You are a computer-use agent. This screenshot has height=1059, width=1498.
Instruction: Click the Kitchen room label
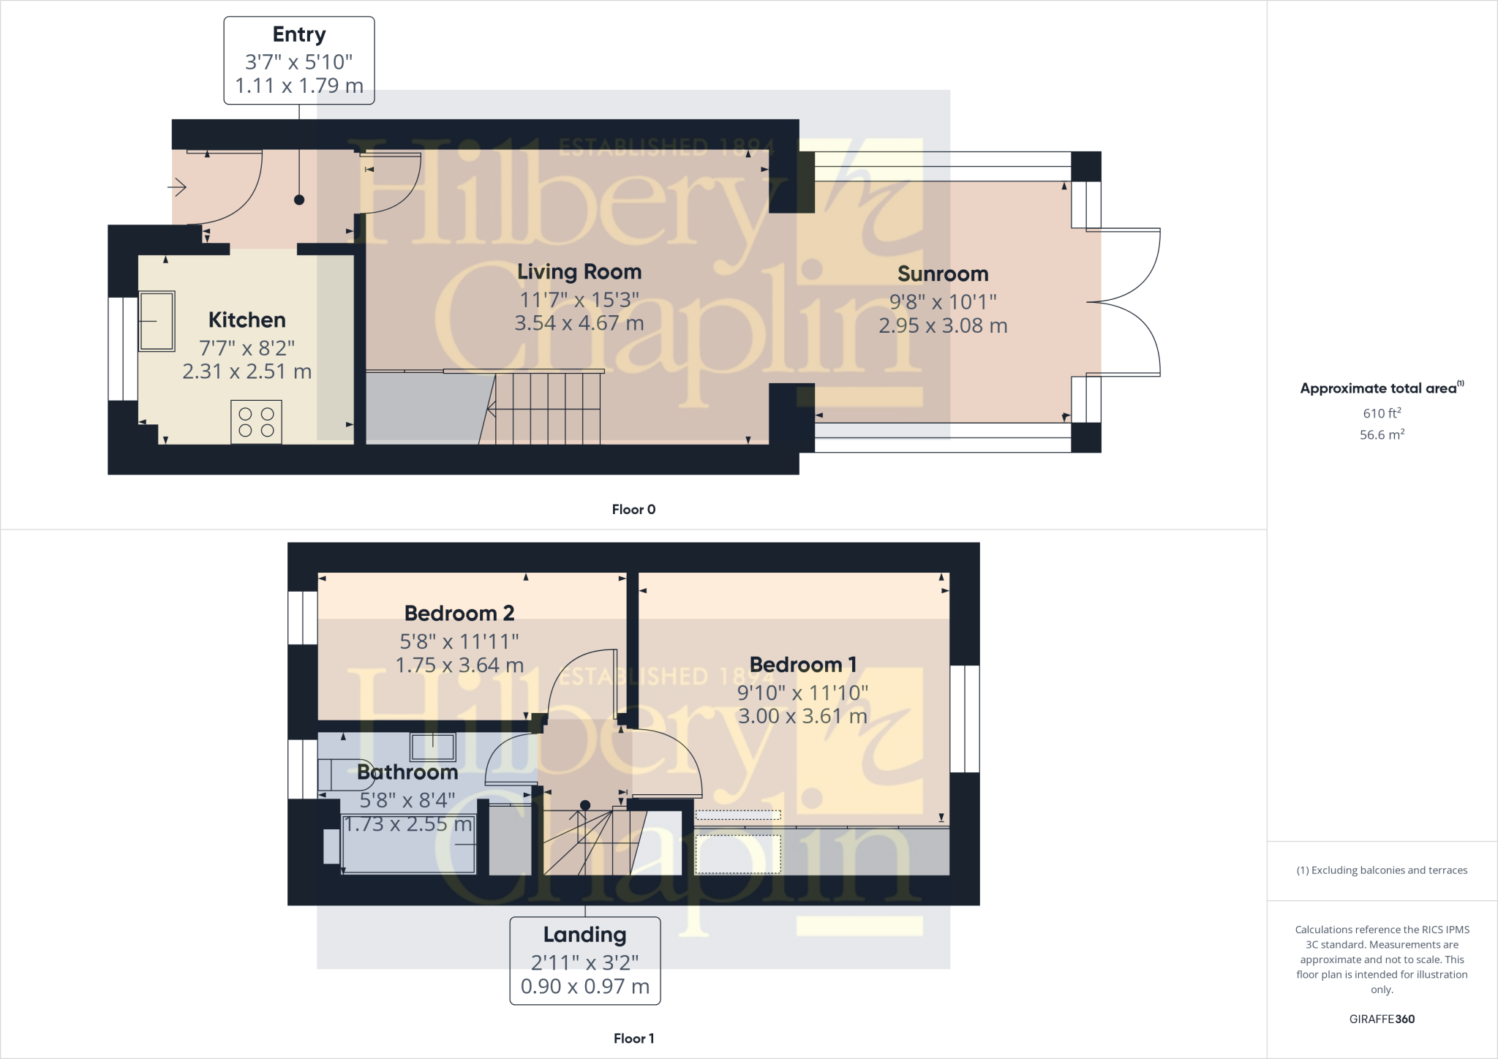246,320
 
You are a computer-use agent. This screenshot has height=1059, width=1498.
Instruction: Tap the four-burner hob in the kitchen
256,421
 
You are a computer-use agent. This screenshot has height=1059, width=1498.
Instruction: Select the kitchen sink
157,321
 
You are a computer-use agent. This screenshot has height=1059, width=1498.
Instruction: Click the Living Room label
579,272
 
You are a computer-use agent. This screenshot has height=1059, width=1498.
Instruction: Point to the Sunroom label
942,274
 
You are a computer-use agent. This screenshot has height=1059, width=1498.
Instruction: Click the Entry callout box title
298,34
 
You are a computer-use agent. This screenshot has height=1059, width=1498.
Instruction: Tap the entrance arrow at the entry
178,188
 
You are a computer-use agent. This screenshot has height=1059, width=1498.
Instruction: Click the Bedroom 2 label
459,614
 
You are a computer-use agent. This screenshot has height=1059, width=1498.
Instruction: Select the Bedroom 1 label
802,665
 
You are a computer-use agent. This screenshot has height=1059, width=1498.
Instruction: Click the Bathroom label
407,772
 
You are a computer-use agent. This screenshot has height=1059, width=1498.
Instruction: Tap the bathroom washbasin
432,747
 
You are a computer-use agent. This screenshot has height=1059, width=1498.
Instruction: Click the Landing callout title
584,935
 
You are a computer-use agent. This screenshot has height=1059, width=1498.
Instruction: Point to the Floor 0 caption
633,510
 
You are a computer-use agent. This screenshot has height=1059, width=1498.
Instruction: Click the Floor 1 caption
633,1039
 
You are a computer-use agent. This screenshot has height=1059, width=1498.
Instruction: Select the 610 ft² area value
1381,413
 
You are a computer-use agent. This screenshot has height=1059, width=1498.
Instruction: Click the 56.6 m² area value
1381,434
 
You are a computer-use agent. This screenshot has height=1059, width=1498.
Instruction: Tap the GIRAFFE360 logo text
1381,1019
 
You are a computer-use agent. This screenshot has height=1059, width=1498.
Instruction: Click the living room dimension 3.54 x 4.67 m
579,323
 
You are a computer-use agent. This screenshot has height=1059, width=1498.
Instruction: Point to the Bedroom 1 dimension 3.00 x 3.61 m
802,716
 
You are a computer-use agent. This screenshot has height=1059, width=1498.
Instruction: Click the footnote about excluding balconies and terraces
1381,870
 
